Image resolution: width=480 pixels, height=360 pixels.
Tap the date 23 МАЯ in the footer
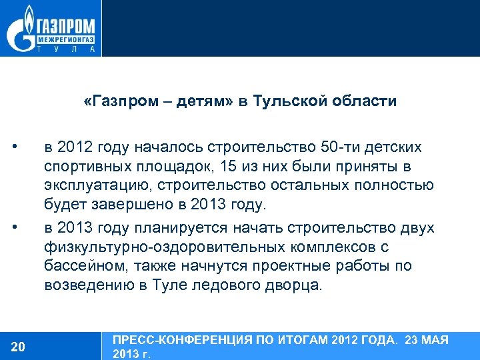[x=426, y=341]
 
